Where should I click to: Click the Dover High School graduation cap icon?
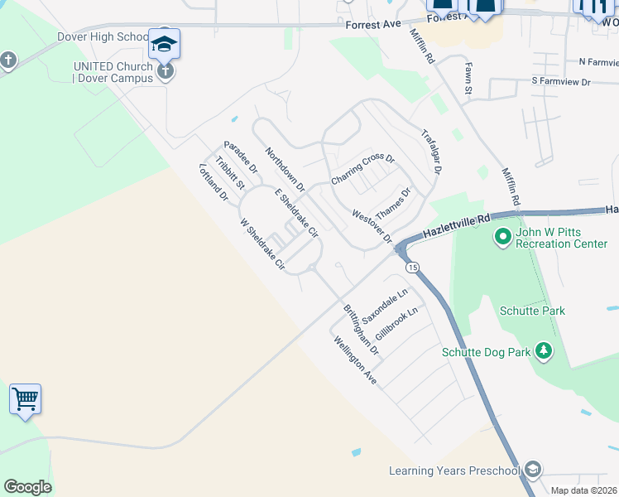click(164, 43)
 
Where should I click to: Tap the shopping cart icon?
click(25, 399)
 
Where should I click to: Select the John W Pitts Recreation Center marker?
click(501, 239)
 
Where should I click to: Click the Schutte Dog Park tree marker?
click(544, 352)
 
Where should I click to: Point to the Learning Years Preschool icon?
click(533, 470)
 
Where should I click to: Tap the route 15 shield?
click(411, 267)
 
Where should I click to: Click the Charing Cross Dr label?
click(363, 169)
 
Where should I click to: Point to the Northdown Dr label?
click(285, 169)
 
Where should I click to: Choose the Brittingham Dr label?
click(361, 330)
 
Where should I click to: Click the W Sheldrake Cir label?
click(262, 245)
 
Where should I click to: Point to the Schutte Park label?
click(532, 311)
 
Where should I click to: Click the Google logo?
click(27, 487)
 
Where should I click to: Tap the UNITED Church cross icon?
click(166, 72)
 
